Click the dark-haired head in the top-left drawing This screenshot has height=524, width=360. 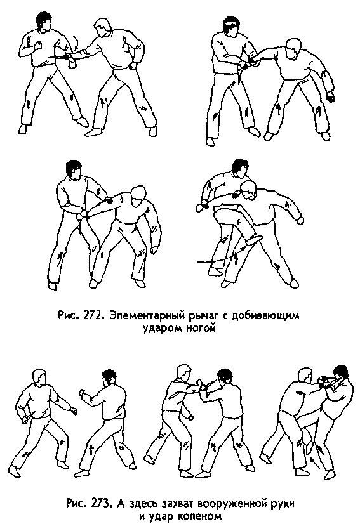[x=43, y=23]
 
